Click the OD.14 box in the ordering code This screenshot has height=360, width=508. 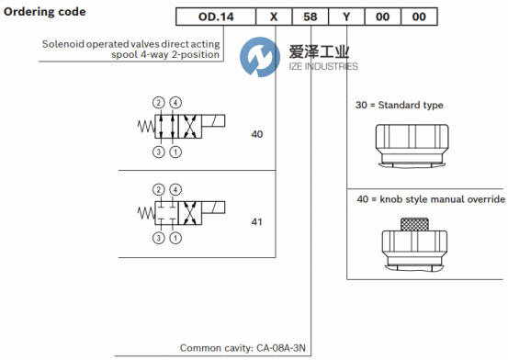pos(216,17)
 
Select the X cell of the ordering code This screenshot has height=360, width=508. pos(274,17)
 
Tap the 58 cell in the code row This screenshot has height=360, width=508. pos(310,17)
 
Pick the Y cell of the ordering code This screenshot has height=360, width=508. pos(346,17)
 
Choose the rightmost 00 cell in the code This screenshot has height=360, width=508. pos(419,17)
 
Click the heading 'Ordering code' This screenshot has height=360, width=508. pos(45,12)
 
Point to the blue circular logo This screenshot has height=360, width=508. pos(260,57)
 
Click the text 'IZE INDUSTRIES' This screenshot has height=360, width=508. pos(323,66)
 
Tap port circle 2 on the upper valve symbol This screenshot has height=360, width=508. pos(158,103)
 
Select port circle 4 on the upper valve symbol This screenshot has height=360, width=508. pos(175,103)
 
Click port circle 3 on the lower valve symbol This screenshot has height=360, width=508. pos(158,238)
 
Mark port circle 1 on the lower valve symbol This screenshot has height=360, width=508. pos(175,238)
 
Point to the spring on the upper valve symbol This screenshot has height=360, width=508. pos(146,127)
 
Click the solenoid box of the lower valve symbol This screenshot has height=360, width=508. pos(213,208)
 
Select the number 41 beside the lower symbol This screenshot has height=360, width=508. pos(256,222)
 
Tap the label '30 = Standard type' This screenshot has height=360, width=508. pos(399,105)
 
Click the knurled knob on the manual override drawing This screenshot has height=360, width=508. pos(414,224)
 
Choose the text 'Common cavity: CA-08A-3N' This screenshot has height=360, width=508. pos(243,348)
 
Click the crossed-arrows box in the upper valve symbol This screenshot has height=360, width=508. pos(190,127)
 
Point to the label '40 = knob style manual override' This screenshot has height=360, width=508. pos(431,199)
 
